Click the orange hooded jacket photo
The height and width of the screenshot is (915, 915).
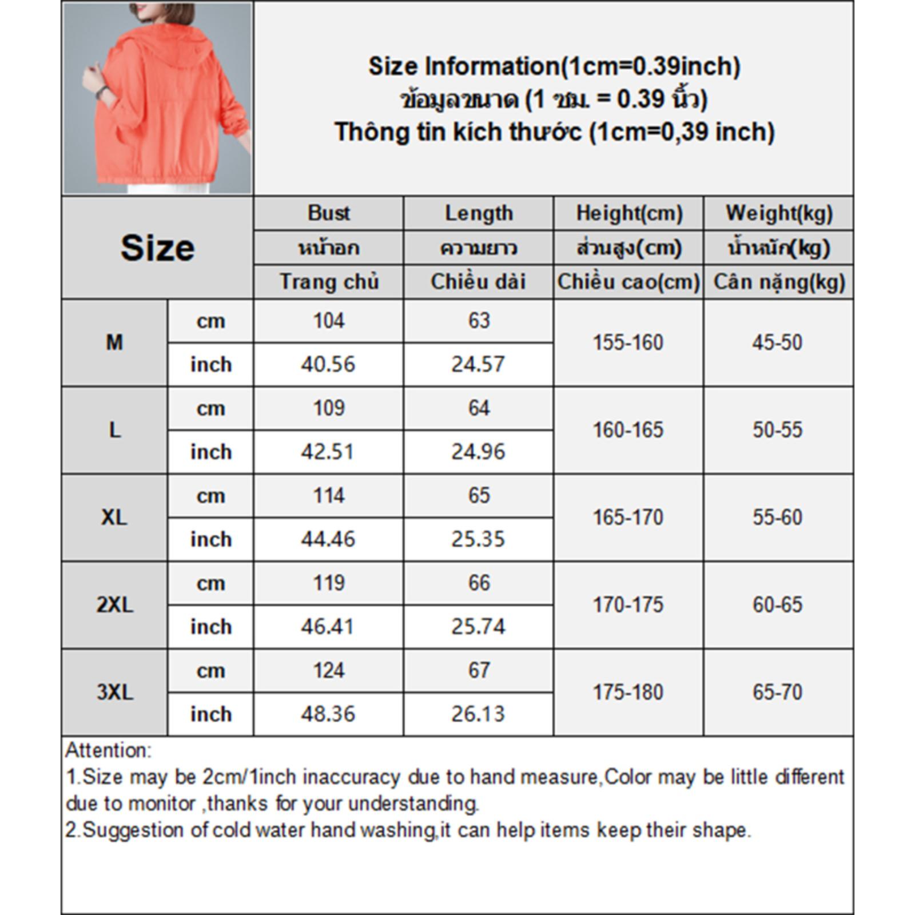click(157, 98)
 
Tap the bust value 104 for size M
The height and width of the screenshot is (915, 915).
click(328, 321)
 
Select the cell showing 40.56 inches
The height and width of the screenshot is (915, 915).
click(328, 364)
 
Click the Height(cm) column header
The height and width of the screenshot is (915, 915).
click(628, 213)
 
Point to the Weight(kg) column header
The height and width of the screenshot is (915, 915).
click(778, 213)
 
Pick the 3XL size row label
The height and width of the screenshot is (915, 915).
click(114, 692)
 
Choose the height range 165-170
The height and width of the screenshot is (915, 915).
click(628, 518)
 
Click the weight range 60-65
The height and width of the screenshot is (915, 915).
click(777, 604)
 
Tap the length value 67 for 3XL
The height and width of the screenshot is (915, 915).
click(479, 670)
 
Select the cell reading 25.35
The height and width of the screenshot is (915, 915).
click(478, 539)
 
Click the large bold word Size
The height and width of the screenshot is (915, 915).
click(157, 248)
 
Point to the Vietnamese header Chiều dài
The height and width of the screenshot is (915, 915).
click(478, 282)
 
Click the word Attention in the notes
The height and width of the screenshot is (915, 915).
click(108, 750)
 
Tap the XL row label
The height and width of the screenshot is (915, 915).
click(114, 518)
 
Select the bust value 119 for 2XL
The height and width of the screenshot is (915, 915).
click(328, 583)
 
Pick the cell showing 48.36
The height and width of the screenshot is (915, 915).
click(328, 714)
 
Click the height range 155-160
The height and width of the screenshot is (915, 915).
click(628, 343)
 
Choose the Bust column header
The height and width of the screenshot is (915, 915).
click(328, 213)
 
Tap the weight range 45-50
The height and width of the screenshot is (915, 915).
click(777, 343)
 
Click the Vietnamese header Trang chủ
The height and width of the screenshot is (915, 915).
click(329, 282)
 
